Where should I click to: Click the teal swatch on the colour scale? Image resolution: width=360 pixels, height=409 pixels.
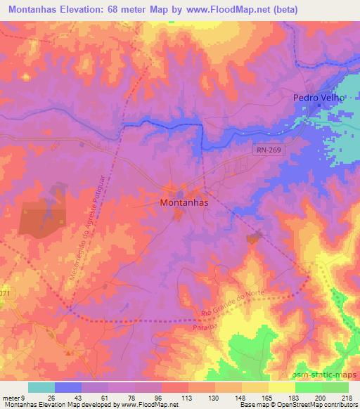pyautogui.click(x=41, y=387)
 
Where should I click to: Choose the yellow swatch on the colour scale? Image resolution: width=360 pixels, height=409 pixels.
pyautogui.click(x=281, y=387)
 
